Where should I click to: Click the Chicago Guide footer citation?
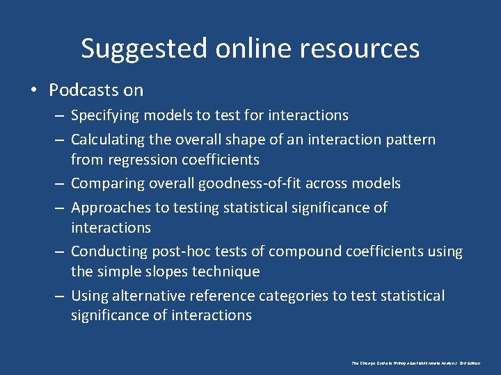[x=415, y=363]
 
